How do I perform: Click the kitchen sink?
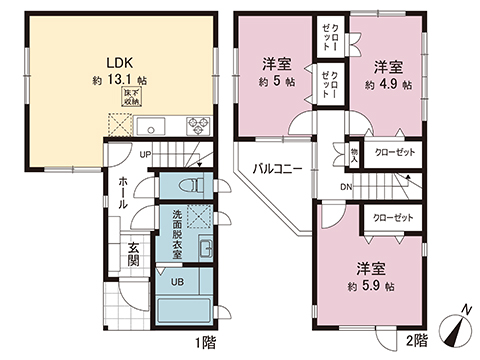tap(150, 127)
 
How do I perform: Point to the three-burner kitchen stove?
tap(196, 127)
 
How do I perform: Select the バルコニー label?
tap(277, 168)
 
